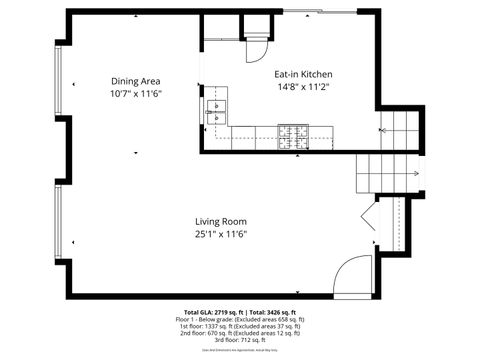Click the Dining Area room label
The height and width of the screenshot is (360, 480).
[x=135, y=81]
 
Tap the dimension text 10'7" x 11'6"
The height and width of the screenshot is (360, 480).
[x=135, y=93]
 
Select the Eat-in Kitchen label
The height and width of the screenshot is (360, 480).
[x=304, y=75]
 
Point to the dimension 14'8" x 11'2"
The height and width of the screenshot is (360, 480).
[x=304, y=87]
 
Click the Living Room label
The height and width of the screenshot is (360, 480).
[x=221, y=222]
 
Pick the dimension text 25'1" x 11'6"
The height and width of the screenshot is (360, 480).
[x=221, y=234]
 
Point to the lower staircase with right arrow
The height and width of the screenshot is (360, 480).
[x=381, y=174]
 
